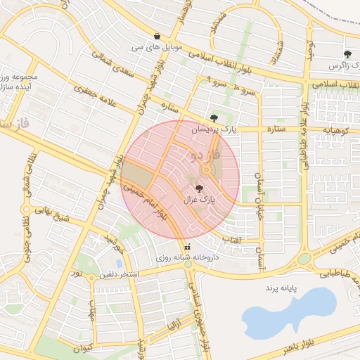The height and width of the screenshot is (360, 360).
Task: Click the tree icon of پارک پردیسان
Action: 214,117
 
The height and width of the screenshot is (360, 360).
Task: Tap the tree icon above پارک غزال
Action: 199,188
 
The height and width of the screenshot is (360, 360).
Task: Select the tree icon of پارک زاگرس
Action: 347,54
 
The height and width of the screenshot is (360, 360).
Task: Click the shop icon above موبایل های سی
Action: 156,37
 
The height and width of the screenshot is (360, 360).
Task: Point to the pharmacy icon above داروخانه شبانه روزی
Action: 187,247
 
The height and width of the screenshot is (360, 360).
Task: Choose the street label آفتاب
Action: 231,240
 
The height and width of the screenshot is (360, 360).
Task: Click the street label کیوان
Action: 83,346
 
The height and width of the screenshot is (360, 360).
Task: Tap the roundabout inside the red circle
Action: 207,170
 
